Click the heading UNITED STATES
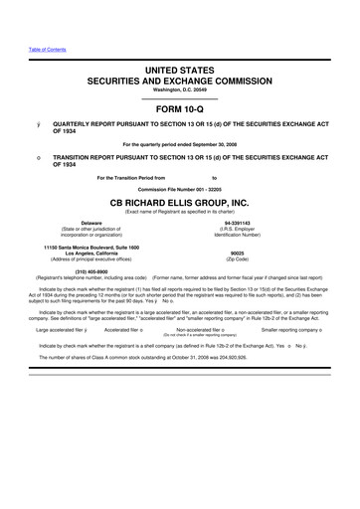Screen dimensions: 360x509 (180, 63)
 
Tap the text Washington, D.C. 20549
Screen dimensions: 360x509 (180, 86)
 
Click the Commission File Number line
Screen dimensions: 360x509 (180, 187)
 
